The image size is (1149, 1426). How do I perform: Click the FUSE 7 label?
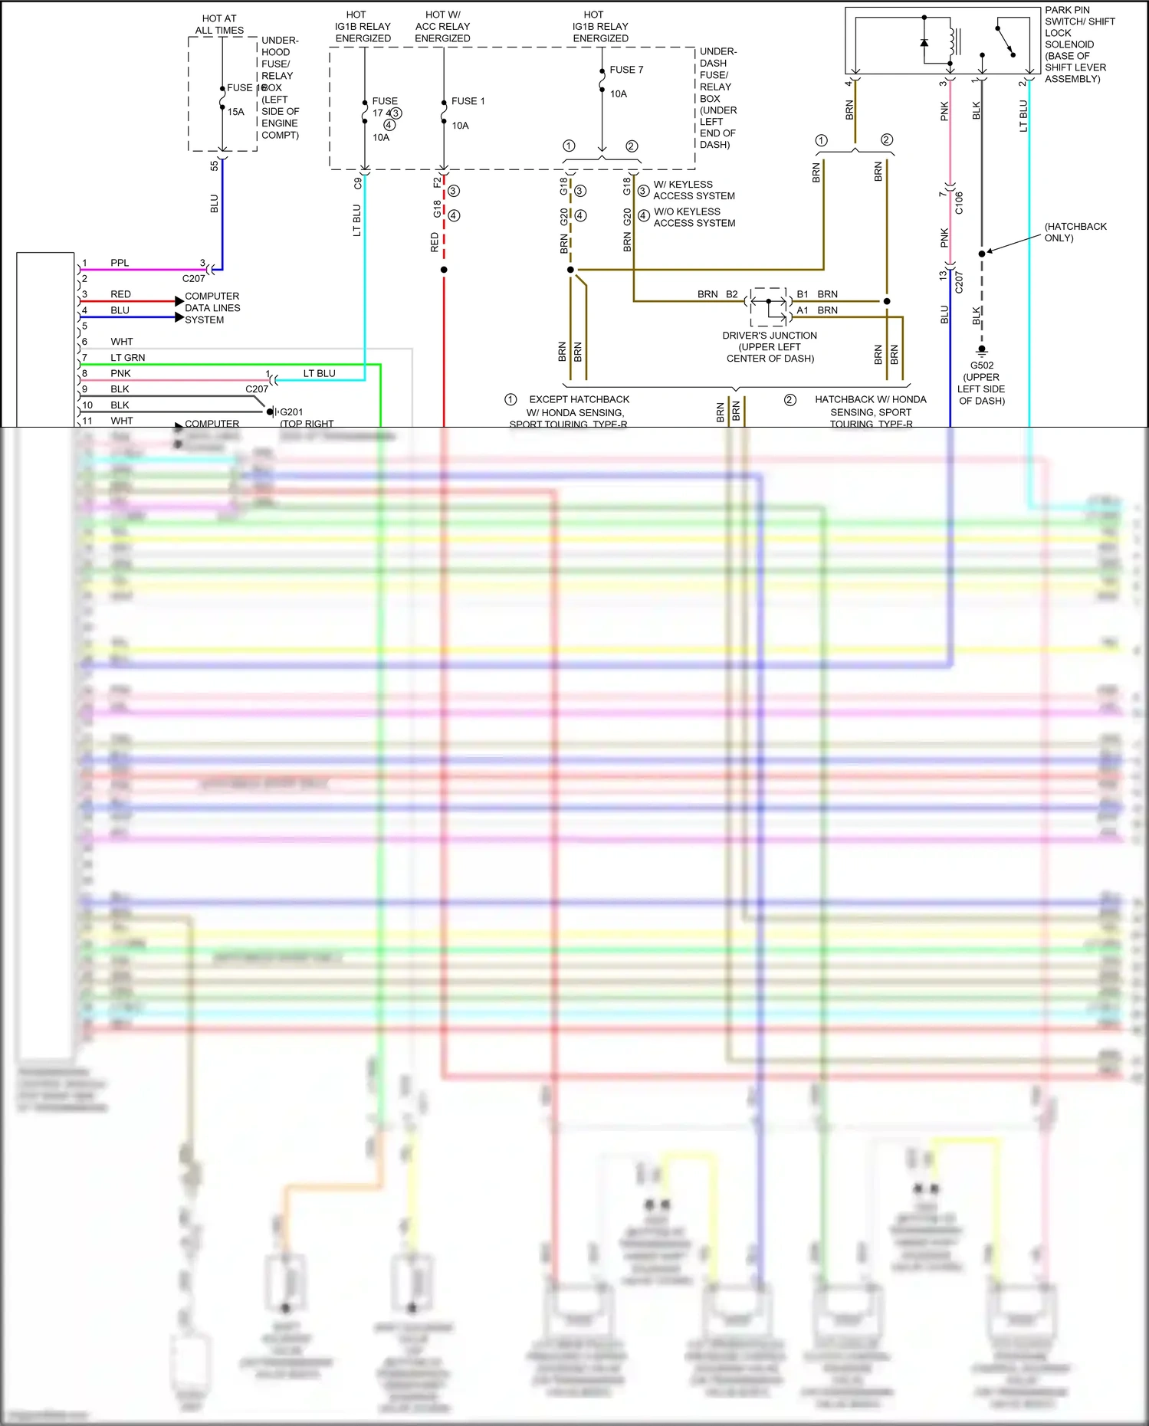click(626, 70)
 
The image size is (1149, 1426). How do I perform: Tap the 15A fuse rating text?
click(235, 112)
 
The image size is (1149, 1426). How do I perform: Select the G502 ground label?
click(981, 366)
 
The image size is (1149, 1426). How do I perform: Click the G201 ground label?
click(291, 412)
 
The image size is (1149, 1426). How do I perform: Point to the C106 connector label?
click(959, 202)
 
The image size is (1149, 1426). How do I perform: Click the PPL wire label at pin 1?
click(120, 263)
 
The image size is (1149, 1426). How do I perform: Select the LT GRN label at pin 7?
click(127, 358)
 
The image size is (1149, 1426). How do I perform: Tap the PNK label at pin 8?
click(120, 373)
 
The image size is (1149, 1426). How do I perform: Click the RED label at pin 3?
click(120, 294)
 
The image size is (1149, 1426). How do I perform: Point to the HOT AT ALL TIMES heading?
click(219, 25)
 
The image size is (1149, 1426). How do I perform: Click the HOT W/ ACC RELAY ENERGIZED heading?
click(442, 26)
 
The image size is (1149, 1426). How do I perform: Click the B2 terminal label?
click(731, 294)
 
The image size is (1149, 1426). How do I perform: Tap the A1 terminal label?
click(803, 310)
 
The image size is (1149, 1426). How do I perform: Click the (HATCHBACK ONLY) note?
click(1075, 232)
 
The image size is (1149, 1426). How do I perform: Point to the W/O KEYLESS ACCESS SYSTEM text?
click(694, 217)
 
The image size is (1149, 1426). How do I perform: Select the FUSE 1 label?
click(468, 101)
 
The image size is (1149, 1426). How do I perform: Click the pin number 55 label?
click(215, 166)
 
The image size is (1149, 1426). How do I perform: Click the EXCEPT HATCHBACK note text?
click(579, 400)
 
